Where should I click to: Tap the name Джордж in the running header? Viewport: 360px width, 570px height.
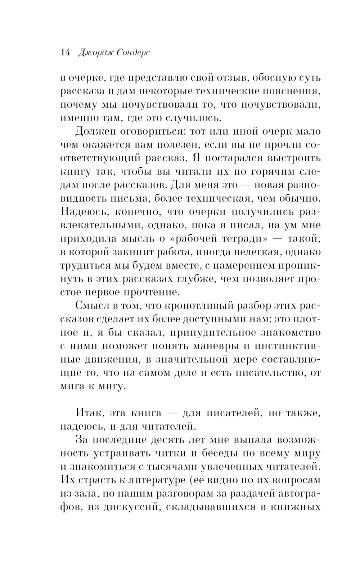coord(95,53)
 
